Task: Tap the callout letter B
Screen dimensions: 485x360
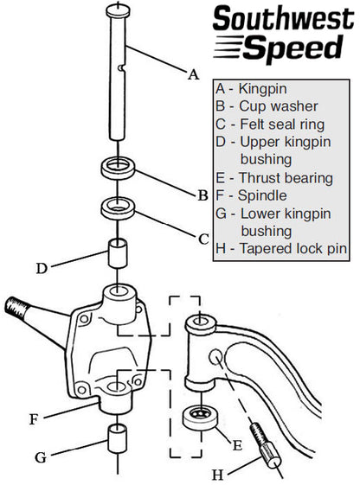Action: [x=202, y=195]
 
